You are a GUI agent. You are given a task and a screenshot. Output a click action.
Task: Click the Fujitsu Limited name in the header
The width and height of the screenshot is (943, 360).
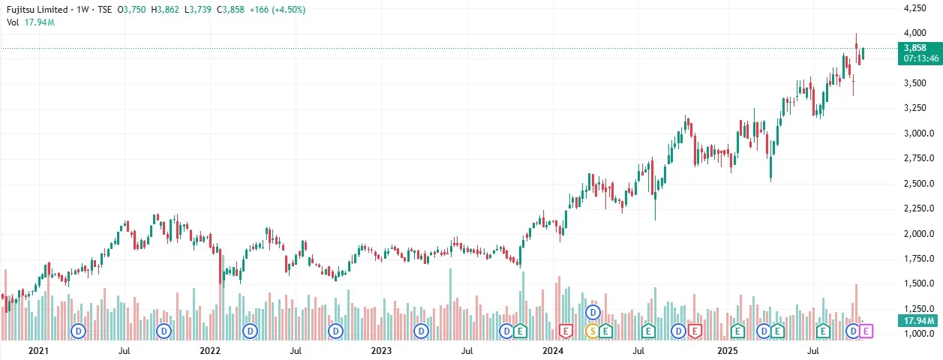click(35, 10)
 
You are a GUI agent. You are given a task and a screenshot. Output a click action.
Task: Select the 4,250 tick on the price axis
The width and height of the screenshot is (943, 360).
click(918, 8)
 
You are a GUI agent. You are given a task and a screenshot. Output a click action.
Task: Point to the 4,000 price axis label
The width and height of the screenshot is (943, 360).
click(918, 33)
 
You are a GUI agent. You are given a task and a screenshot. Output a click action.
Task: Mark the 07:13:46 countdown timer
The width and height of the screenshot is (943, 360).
click(919, 57)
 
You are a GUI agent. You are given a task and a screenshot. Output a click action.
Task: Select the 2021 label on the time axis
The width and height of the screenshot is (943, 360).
click(38, 350)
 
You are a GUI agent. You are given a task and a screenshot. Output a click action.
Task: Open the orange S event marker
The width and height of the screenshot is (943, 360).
click(593, 330)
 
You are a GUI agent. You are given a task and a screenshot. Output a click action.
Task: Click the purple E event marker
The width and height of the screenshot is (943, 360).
click(866, 330)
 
